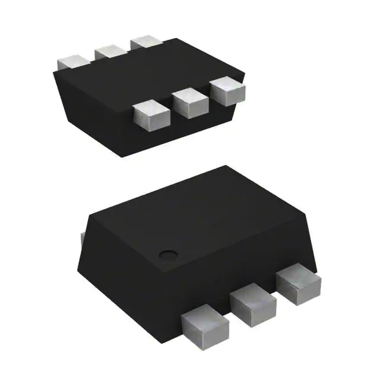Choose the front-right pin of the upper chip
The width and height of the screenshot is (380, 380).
(227, 93)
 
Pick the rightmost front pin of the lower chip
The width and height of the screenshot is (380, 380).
(300, 283)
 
